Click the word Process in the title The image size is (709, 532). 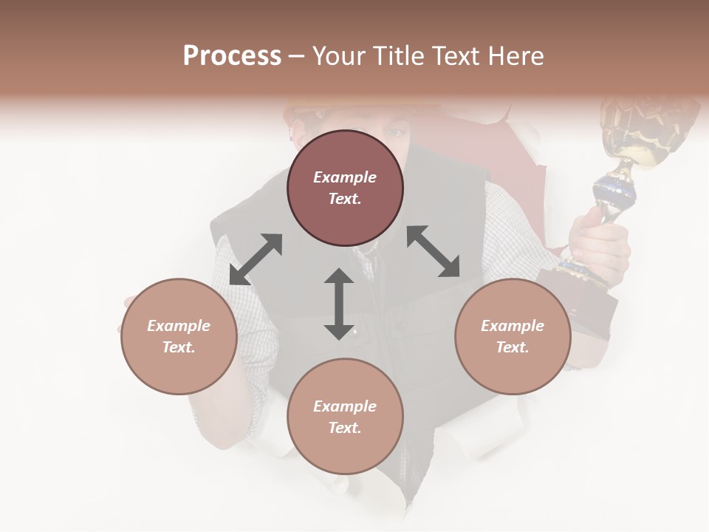pos(232,56)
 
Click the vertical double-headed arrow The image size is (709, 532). pos(339,304)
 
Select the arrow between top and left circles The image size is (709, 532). pos(256,259)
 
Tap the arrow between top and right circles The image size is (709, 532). pos(434,251)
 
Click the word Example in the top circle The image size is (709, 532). pos(345,177)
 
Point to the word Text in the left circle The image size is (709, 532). pos(179,347)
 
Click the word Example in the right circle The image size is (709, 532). pos(513,326)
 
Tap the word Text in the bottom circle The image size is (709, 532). pos(345,428)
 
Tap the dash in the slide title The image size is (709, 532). pos(296,57)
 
